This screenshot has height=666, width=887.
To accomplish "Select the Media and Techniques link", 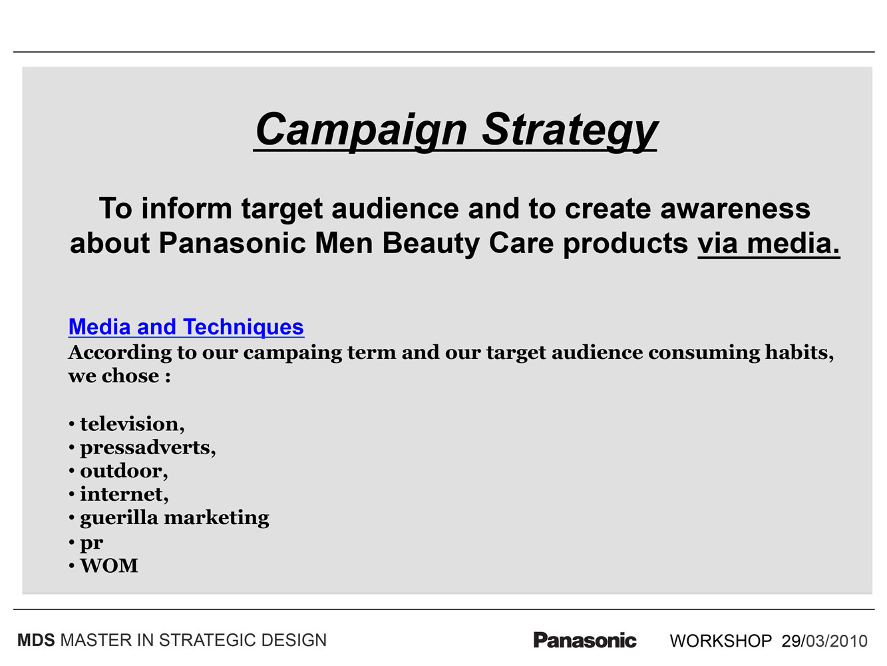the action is click(186, 327).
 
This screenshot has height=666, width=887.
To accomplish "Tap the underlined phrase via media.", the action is click(768, 244).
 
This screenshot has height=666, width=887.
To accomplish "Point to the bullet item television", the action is click(132, 424).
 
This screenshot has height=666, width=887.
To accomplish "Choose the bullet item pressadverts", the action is click(148, 448).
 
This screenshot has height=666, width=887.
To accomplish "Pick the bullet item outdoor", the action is click(124, 471).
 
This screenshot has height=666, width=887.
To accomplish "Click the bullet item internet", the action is click(124, 494).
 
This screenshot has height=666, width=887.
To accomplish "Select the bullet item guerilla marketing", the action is click(174, 518).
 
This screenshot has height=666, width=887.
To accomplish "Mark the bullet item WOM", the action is click(108, 565).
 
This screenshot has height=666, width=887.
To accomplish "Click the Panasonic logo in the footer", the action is click(585, 640).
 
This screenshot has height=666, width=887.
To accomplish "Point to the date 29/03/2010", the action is click(824, 641).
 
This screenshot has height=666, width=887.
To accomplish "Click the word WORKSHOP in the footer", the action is click(721, 641).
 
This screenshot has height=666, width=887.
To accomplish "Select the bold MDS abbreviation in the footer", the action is click(36, 641).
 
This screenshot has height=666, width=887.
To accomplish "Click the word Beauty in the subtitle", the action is click(431, 244).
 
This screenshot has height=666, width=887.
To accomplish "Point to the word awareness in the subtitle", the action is click(735, 209).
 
